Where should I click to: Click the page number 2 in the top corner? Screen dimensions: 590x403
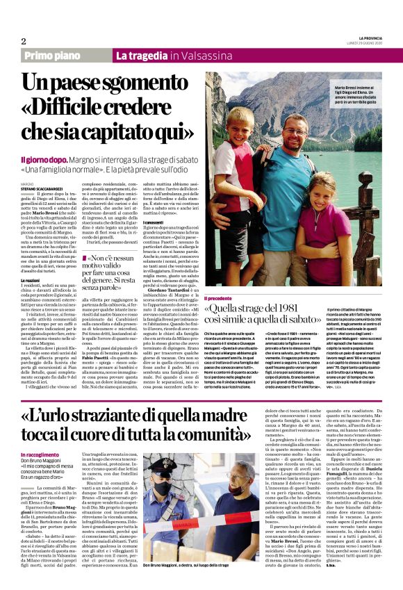click(24, 41)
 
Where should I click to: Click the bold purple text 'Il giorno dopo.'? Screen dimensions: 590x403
click(42, 160)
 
